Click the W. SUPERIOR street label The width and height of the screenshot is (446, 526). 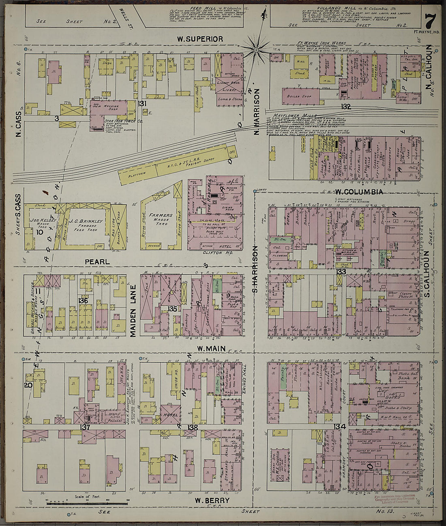click(200, 39)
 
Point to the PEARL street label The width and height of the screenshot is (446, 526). click(97, 262)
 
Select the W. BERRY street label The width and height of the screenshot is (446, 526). click(212, 500)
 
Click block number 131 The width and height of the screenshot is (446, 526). click(142, 104)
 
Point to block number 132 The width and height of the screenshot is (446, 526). click(345, 107)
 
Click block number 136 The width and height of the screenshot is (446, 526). click(83, 301)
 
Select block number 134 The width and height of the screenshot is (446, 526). click(340, 426)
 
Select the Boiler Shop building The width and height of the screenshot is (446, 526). click(299, 96)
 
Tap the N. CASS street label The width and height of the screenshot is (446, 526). click(19, 124)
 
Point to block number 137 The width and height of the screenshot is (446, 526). click(85, 428)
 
